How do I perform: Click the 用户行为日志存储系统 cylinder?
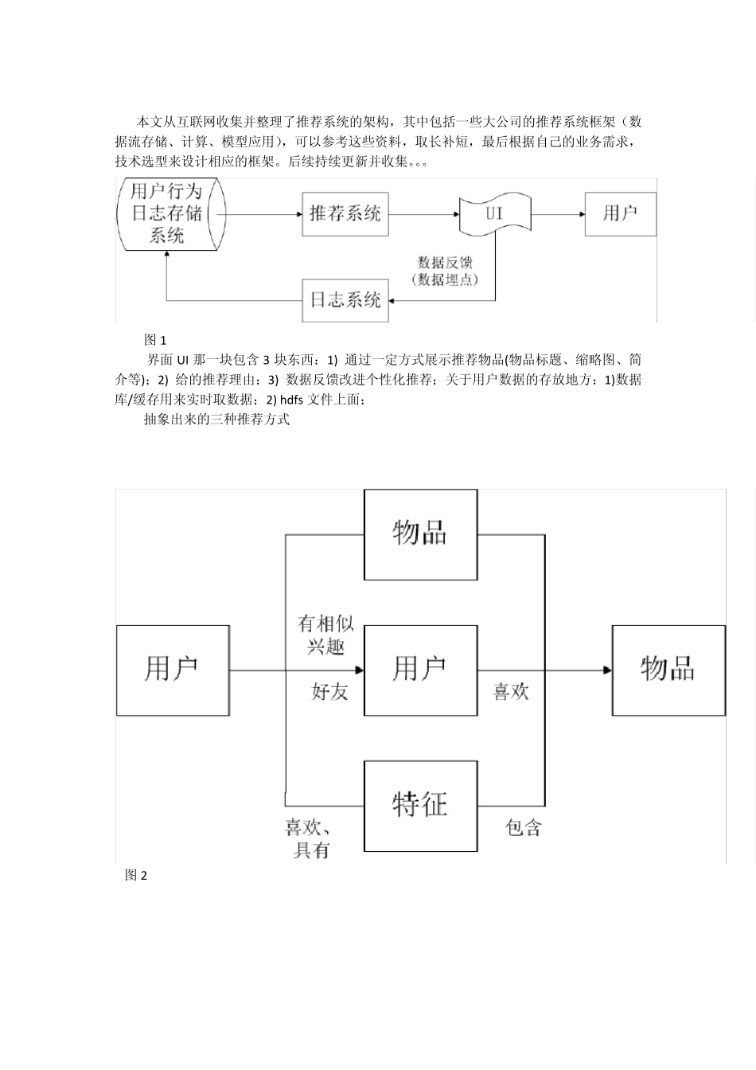[167, 213]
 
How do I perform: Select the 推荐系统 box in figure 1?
[345, 213]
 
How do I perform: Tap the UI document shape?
[494, 213]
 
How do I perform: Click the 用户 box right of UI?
[620, 213]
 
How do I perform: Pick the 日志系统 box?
[345, 300]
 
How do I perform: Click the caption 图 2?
[136, 876]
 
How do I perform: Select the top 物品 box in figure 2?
[420, 534]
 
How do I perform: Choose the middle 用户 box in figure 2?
[420, 670]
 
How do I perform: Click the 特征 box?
[420, 806]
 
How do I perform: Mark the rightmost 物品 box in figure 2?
[668, 670]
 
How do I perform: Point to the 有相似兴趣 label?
[325, 635]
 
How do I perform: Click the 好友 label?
[329, 691]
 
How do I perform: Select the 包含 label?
[524, 828]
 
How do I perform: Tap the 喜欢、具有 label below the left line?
[310, 839]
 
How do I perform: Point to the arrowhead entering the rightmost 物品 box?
[606, 670]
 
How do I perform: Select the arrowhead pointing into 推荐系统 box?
[297, 213]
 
